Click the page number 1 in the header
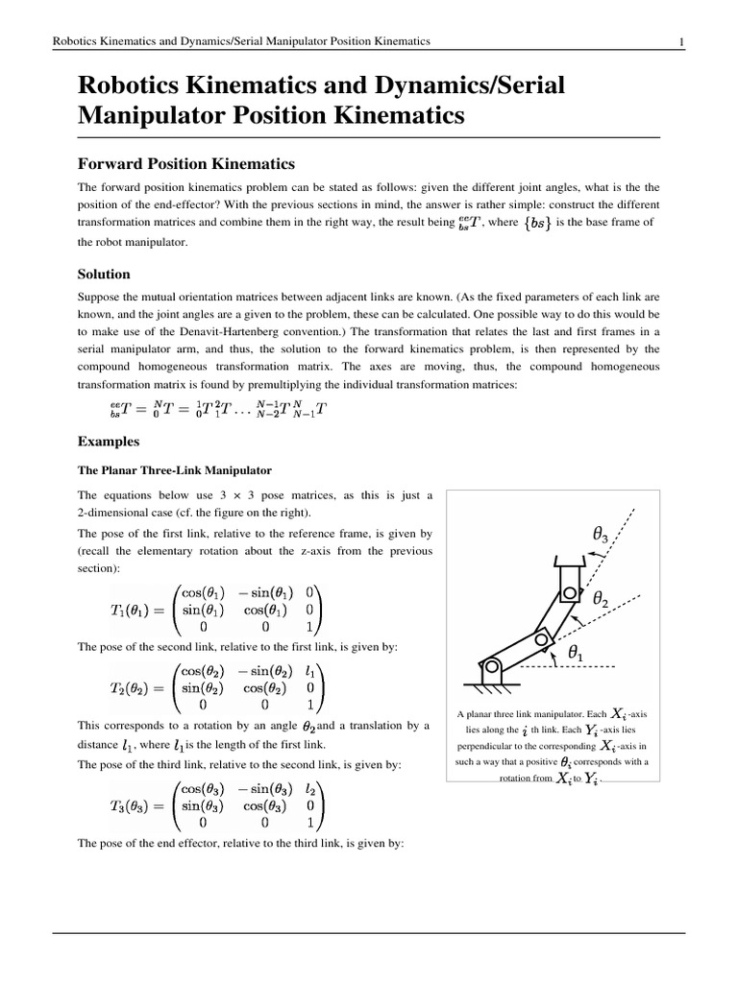coord(680,41)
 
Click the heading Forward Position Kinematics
coord(185,164)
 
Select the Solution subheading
coord(103,274)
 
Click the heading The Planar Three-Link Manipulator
coord(174,470)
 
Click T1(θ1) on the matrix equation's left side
coord(136,610)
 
